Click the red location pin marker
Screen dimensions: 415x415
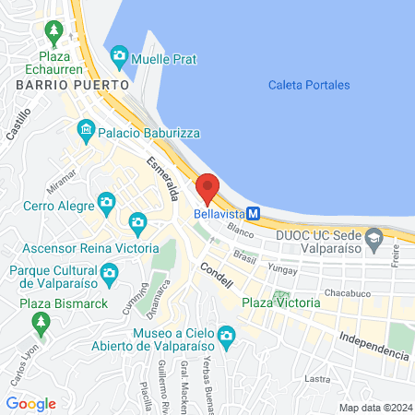pyautogui.click(x=207, y=189)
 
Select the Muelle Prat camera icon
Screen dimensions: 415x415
pyautogui.click(x=119, y=58)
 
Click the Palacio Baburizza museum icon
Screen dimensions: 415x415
pyautogui.click(x=86, y=128)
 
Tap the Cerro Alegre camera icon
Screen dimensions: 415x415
pyautogui.click(x=107, y=202)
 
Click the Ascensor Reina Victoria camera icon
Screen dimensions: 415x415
pyautogui.click(x=138, y=222)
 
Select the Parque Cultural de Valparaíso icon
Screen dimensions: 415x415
pyautogui.click(x=109, y=273)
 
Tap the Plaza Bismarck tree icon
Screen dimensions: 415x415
pyautogui.click(x=40, y=322)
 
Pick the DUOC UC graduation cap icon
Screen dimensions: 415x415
pyautogui.click(x=373, y=243)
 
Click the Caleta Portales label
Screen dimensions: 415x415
pyautogui.click(x=309, y=85)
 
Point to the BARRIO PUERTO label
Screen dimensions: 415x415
pyautogui.click(x=54, y=85)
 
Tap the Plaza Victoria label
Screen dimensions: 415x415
pyautogui.click(x=280, y=302)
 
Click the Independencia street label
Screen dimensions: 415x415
pyautogui.click(x=373, y=344)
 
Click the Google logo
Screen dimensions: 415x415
pyautogui.click(x=31, y=403)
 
